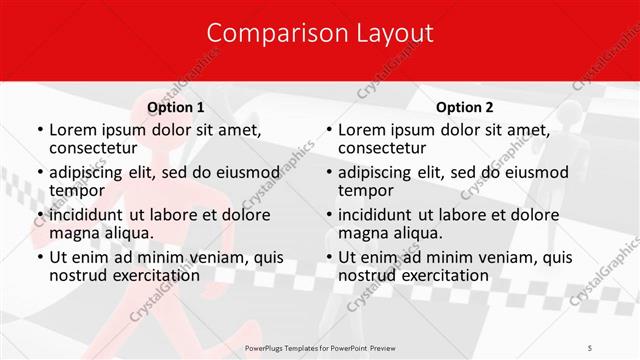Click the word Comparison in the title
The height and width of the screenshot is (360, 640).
(x=267, y=33)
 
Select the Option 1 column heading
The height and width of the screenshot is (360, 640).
(x=176, y=107)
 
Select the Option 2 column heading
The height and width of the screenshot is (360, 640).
(x=465, y=107)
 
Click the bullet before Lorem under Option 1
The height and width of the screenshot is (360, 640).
(x=38, y=130)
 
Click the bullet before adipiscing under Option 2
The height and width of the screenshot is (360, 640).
(x=328, y=172)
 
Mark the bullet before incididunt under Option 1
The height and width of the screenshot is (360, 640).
(x=38, y=215)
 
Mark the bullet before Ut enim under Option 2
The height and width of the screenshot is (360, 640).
(x=328, y=257)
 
